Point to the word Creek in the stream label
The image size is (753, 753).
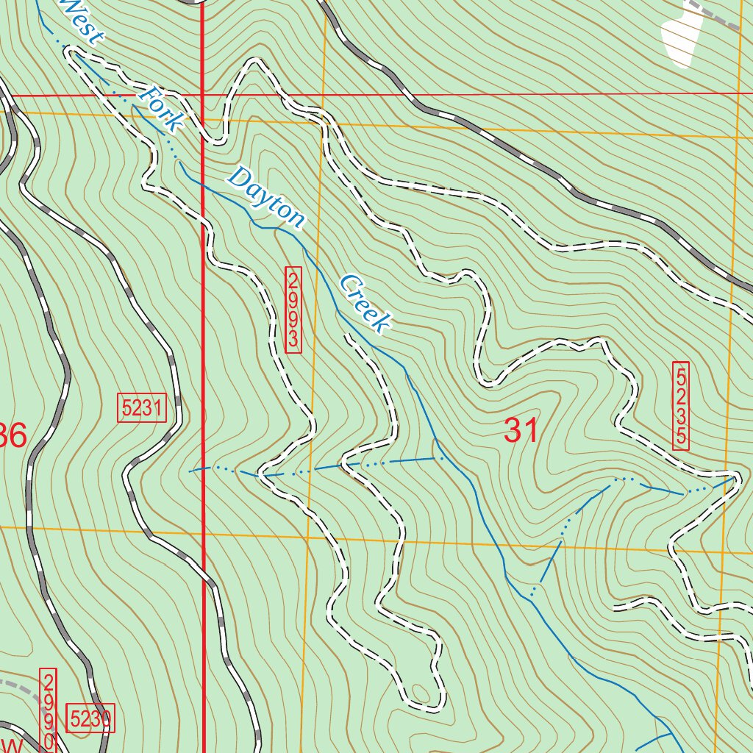(364, 302)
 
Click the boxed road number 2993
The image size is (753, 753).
(293, 309)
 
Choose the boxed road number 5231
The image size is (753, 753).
(142, 408)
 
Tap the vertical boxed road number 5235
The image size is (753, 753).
(682, 405)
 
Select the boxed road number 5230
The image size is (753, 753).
(90, 718)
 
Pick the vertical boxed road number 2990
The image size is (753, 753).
(49, 710)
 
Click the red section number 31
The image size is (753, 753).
(521, 430)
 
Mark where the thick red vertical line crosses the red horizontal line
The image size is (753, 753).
(202, 96)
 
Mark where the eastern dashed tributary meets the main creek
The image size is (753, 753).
(532, 592)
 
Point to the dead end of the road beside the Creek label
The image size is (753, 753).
(346, 337)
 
